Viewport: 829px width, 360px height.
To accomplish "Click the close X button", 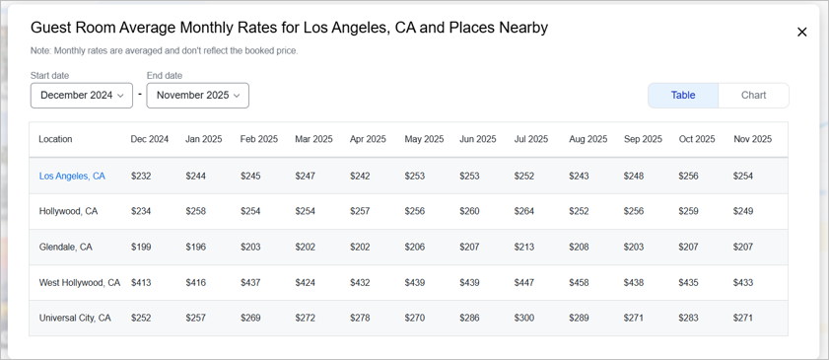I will (x=801, y=32).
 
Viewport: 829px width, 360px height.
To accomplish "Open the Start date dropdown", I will (x=82, y=96).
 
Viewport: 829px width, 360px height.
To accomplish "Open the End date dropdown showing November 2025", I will (x=197, y=96).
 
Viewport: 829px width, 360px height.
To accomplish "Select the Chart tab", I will (x=753, y=96).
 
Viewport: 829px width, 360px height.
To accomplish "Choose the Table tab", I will (x=683, y=96).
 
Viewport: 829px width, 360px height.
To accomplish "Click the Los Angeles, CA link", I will (x=72, y=176).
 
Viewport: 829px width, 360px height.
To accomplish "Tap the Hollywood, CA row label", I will (x=68, y=211).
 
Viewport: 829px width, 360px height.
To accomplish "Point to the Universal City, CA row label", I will (x=75, y=318).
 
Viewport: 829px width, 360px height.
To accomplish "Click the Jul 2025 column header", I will (x=531, y=139).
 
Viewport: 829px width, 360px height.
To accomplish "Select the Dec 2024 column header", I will (x=150, y=139).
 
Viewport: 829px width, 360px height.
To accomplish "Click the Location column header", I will (x=55, y=139).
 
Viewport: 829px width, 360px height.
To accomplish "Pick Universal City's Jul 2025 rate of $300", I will (x=525, y=318).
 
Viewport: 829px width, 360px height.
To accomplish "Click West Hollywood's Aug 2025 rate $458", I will (x=580, y=282).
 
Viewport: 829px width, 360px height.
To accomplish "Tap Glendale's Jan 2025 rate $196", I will (x=196, y=247).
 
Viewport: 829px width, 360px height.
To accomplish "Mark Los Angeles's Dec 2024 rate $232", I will (x=141, y=176).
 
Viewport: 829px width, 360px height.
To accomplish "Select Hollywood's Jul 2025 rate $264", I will (x=525, y=211).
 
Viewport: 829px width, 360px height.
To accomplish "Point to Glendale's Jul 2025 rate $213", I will (x=525, y=247).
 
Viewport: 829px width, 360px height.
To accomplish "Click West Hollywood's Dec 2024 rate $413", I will (x=141, y=282).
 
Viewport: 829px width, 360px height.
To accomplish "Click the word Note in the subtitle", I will (x=42, y=50).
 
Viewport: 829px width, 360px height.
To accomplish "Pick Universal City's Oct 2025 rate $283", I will (x=689, y=318).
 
